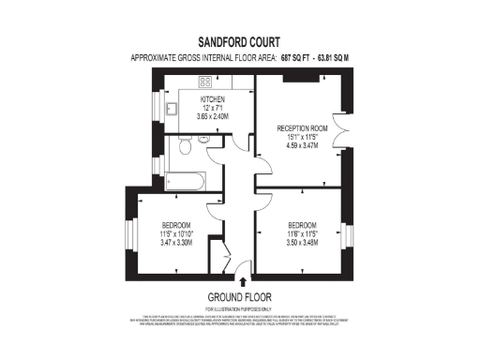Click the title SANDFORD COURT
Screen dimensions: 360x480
point(239,42)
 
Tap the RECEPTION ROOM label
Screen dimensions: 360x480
point(301,127)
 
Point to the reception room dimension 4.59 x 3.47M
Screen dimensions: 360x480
point(301,146)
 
